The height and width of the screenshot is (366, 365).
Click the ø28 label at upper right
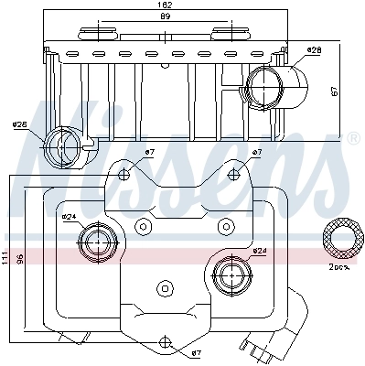(314, 49)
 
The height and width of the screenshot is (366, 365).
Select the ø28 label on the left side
(19, 126)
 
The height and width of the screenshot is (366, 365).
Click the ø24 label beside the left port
(69, 218)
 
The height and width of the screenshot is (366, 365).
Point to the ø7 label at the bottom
(196, 352)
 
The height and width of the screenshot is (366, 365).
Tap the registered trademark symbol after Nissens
(353, 139)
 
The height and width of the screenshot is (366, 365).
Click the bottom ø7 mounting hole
(167, 344)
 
